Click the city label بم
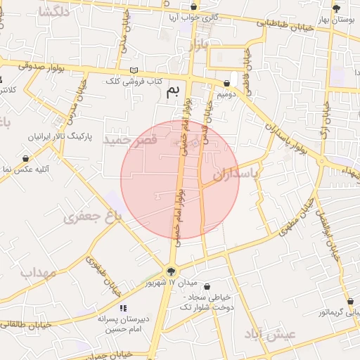pos(173,91)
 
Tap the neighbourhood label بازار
pos(199,46)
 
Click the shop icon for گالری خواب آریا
pos(193,7)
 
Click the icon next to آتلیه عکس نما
pos(26,158)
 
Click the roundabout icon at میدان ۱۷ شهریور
pos(171,271)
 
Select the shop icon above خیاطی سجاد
pos(207,286)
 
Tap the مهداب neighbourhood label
pos(37,272)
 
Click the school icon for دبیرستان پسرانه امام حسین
pos(123,307)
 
